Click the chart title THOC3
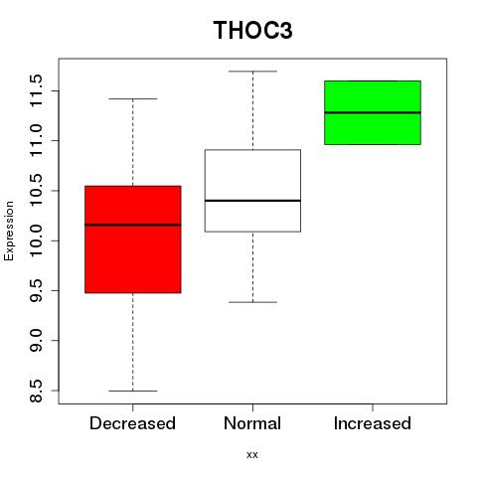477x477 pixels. point(252,31)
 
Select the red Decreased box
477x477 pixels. point(133,239)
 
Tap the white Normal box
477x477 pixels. point(252,191)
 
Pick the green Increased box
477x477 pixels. point(373,112)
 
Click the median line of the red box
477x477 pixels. point(133,225)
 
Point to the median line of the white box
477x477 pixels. point(252,201)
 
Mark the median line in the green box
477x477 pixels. point(373,112)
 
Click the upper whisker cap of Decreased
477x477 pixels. point(133,98)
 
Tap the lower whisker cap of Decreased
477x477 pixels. point(133,391)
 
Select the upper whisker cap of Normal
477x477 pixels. point(252,72)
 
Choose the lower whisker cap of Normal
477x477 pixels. point(252,302)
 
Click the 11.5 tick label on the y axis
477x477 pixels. point(36,90)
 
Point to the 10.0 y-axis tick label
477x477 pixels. point(36,240)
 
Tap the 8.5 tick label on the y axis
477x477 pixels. point(36,391)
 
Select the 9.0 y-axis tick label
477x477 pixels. point(36,341)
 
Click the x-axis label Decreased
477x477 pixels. point(132,423)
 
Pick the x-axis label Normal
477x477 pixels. point(252,423)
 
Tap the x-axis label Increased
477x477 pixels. point(373,423)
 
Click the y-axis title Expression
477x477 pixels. point(9,231)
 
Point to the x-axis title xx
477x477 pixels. point(252,455)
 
